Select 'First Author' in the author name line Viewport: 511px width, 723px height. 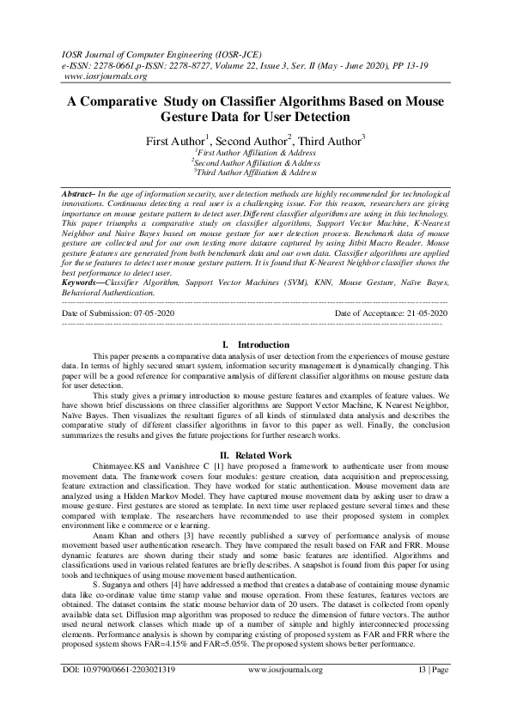click(174, 139)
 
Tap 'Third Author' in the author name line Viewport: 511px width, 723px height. click(330, 139)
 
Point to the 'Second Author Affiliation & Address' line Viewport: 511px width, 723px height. click(256, 161)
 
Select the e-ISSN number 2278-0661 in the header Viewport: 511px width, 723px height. click(113, 64)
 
